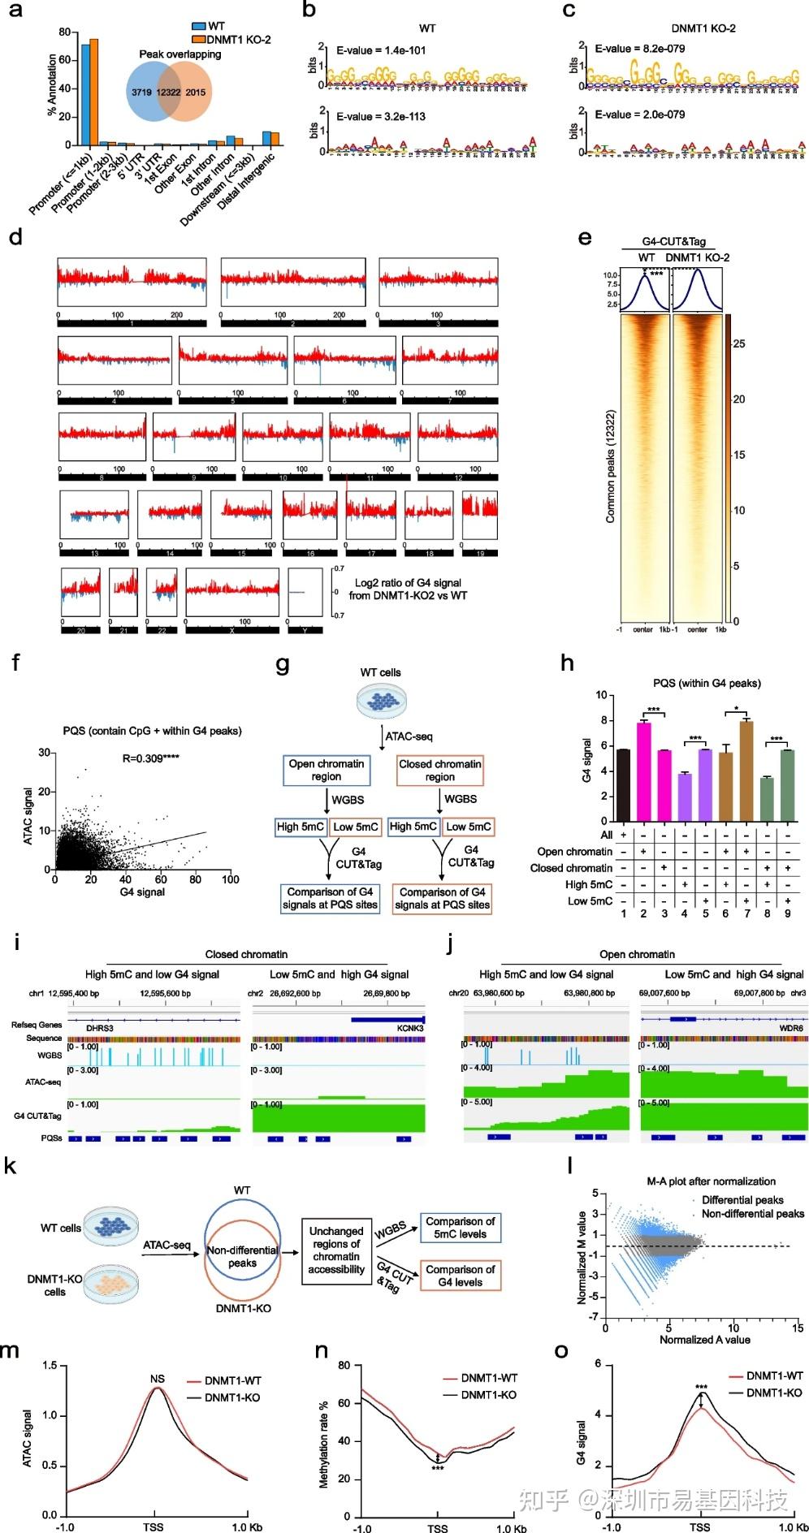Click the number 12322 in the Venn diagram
169,93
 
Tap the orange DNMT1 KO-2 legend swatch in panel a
199,39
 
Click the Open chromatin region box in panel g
327,770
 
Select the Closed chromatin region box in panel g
439,770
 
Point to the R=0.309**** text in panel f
151,758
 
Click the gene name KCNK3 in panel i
410,1028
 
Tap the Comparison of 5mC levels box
461,1228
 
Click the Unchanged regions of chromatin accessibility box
336,1250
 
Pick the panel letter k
11,1167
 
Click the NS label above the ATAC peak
158,1379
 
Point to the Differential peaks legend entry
742,1200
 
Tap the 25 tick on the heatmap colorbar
738,343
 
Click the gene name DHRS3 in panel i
99,1028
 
